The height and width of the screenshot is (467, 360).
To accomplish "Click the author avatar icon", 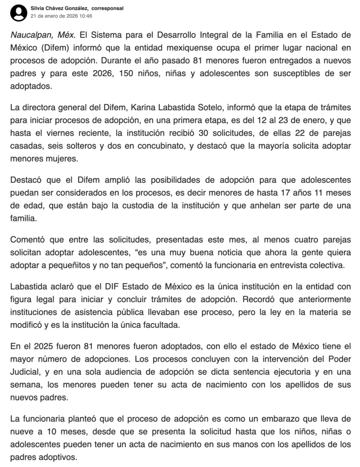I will tap(19, 12).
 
